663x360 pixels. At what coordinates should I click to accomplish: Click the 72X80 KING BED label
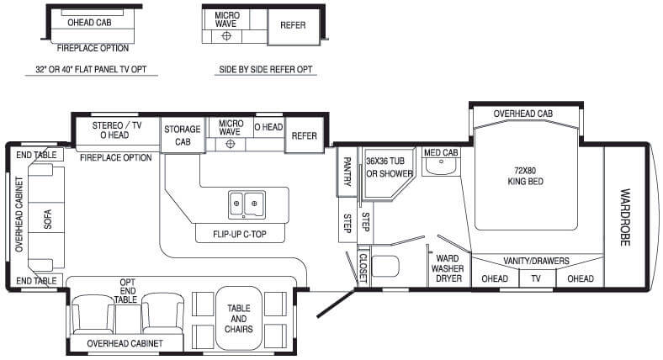coord(526,176)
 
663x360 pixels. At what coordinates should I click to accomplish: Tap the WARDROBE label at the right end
coord(625,217)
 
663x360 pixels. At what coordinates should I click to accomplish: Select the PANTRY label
coord(347,171)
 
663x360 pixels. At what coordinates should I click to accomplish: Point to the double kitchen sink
coord(247,204)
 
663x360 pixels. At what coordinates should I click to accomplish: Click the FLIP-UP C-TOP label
coord(240,234)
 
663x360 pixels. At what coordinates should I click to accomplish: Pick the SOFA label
coord(47,220)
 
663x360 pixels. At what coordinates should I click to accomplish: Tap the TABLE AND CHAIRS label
coord(239,319)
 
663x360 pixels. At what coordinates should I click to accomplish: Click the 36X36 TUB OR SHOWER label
coord(389,167)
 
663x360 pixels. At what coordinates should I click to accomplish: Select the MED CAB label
coord(441,152)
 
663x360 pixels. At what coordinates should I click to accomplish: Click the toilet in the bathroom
coord(385,266)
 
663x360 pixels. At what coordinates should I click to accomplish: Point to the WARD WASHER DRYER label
coord(448,268)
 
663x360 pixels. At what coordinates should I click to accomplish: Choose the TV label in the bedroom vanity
coord(536,278)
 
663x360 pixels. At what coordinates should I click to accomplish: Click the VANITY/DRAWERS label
coord(536,261)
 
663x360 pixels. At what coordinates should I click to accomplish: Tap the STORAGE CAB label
coord(183,135)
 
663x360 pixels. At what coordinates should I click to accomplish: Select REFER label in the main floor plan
coord(304,135)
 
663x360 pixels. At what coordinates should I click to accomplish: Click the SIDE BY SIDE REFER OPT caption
coord(266,69)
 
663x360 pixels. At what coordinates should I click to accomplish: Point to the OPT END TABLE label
coord(127,291)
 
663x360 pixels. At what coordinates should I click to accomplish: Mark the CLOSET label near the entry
coord(363,267)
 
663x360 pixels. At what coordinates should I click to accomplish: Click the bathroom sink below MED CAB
coord(441,167)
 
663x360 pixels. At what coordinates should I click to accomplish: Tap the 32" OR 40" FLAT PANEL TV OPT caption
coord(91,69)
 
